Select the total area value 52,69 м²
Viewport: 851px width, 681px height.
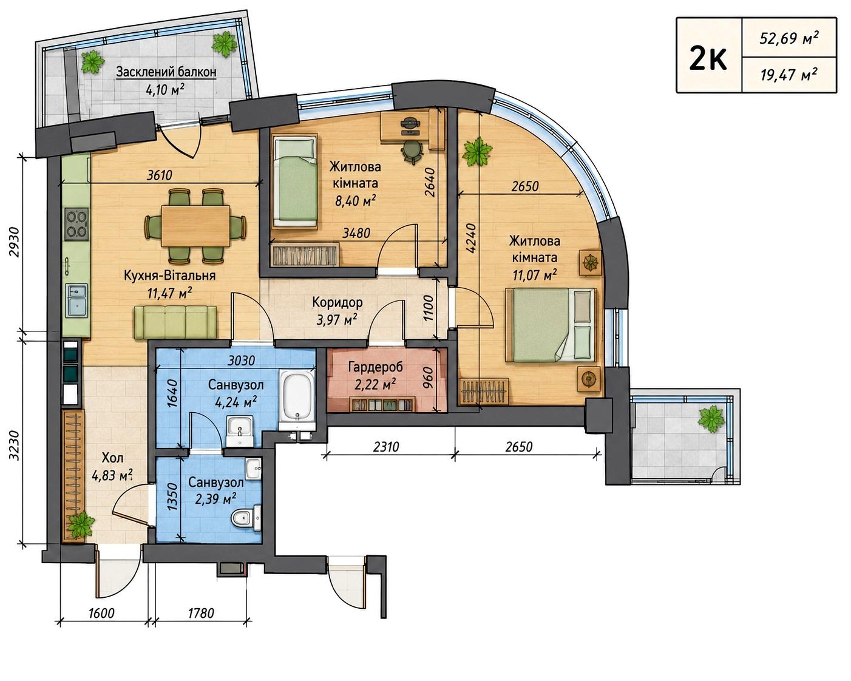(x=789, y=38)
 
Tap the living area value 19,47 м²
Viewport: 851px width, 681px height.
(x=788, y=75)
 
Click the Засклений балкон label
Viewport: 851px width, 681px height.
(x=166, y=72)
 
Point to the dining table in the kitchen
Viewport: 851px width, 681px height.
(x=195, y=226)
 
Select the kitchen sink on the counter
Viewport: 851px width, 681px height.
(x=77, y=300)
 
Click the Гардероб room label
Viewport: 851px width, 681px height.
(x=375, y=367)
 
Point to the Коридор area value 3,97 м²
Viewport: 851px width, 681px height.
(x=337, y=319)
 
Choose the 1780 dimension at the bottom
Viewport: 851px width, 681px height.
(x=201, y=613)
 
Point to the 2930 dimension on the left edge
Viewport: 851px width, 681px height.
(x=14, y=242)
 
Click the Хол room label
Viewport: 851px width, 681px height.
(x=113, y=458)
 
